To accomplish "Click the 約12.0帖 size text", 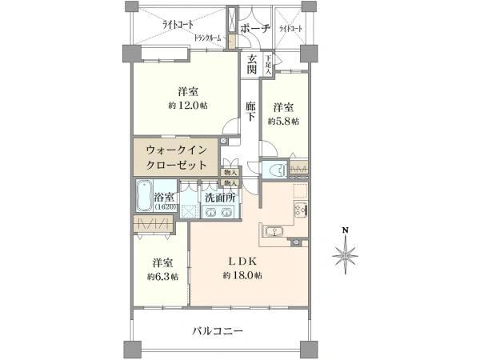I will click(188, 106).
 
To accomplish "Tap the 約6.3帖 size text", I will click(162, 276).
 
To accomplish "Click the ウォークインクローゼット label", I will click(176, 157).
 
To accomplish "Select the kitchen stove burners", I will click(301, 211).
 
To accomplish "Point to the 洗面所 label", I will click(218, 197).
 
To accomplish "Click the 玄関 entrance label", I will click(251, 65).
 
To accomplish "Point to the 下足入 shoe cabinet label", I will click(268, 65).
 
